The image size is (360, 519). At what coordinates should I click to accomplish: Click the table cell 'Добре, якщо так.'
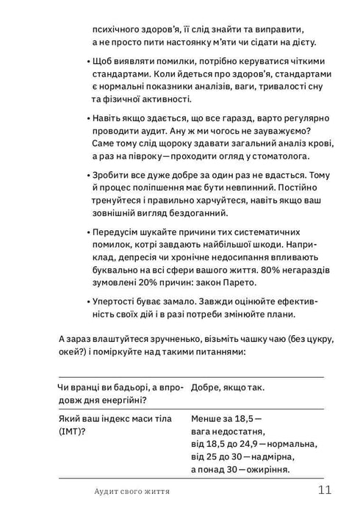tap(228, 387)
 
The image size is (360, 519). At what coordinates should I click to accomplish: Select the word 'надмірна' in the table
tap(267, 457)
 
